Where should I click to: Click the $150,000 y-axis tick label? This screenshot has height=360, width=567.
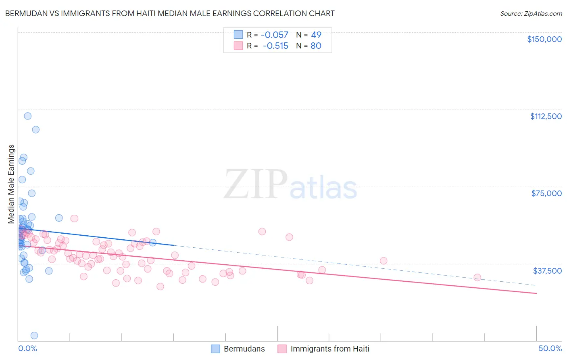click(544, 39)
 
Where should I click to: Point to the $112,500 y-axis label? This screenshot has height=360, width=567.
click(546, 116)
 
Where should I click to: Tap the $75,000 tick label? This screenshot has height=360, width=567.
click(546, 193)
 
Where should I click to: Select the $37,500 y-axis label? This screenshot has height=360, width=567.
click(547, 271)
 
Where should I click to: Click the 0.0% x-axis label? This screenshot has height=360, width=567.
click(27, 348)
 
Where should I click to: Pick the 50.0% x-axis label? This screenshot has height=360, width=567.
click(550, 348)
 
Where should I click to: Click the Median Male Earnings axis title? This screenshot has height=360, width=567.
click(11, 184)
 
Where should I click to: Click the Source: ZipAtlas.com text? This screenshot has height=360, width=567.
click(531, 14)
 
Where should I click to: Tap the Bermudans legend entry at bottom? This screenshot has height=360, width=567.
click(238, 349)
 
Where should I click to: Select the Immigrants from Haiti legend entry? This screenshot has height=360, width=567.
click(323, 349)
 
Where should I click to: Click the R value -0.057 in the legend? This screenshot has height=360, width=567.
click(274, 35)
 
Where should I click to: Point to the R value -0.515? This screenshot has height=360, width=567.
click(275, 46)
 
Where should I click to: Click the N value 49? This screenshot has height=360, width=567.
click(316, 35)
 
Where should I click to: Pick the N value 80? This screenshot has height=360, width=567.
click(316, 46)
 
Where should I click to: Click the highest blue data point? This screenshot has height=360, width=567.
click(27, 116)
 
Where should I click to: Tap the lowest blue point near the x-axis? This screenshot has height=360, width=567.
click(34, 335)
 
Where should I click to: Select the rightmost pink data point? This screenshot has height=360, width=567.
click(477, 277)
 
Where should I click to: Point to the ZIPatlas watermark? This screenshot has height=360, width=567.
click(290, 185)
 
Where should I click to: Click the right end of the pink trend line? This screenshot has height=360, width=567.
click(536, 293)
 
